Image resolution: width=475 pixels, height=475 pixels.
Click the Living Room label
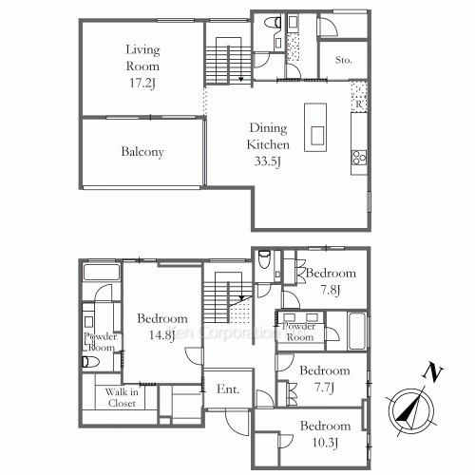pos(142,58)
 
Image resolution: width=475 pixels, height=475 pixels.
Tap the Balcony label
pos(142,152)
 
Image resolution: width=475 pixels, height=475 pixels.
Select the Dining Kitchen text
pos(269,137)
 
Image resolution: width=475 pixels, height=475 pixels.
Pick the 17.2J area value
pos(142,84)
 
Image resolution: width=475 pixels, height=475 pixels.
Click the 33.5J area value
pos(269,161)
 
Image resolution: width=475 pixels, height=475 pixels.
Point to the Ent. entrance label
pos(228,389)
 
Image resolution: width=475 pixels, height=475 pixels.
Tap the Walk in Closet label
pos(121,397)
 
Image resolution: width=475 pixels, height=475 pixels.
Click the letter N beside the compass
pos(431,371)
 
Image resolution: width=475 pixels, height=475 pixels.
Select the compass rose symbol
pos(410,408)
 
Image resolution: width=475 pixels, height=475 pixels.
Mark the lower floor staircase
pos(227,294)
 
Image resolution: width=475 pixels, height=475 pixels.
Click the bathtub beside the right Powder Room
pos(356,332)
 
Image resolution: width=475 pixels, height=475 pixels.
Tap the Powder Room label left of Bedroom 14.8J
pos(100,342)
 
